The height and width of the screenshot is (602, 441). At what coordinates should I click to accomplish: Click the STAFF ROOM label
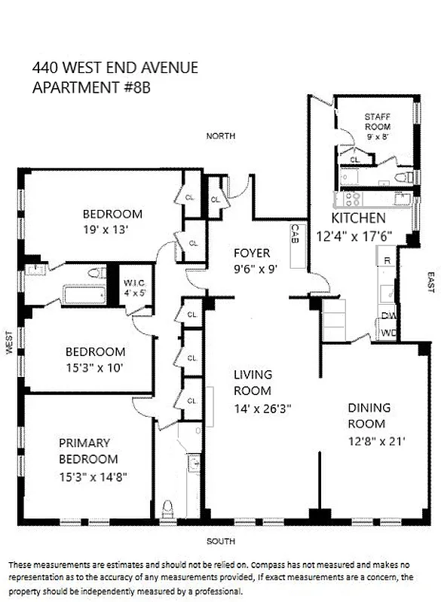tap(378, 122)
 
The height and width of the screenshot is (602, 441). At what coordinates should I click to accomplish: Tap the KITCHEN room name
tap(359, 218)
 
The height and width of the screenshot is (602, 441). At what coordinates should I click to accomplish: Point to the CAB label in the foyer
tap(296, 234)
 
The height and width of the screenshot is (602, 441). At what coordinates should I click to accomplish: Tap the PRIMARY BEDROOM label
tap(88, 451)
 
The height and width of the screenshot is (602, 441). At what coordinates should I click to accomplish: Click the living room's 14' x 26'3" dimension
tap(262, 409)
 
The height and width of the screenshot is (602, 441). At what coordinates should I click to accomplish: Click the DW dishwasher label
tap(387, 316)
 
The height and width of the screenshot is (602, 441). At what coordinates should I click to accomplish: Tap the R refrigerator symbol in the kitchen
tap(387, 260)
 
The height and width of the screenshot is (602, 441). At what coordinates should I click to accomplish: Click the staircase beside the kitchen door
tap(334, 319)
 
